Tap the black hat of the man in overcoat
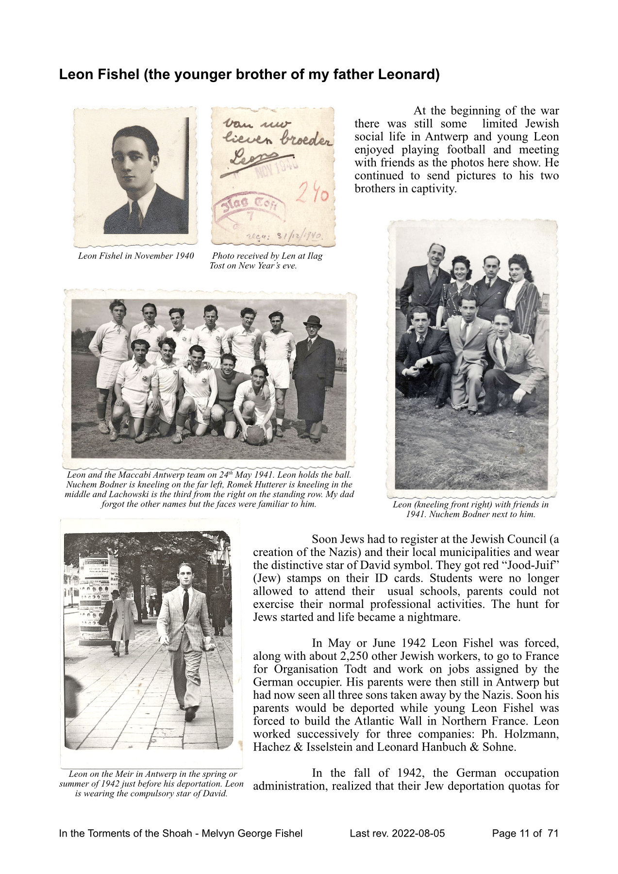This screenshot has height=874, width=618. pyautogui.click(x=312, y=321)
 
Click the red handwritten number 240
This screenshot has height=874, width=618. pyautogui.click(x=313, y=195)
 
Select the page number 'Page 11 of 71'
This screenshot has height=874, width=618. pyautogui.click(x=525, y=833)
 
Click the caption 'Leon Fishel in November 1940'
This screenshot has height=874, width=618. pyautogui.click(x=136, y=256)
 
